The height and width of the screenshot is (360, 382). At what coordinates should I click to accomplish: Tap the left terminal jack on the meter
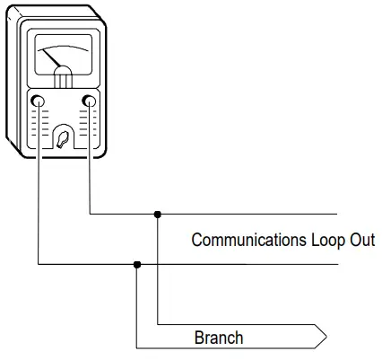pyautogui.click(x=39, y=101)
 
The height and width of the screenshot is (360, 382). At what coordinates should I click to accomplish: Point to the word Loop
pyautogui.click(x=329, y=241)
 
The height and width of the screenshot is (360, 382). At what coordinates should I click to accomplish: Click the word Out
pyautogui.click(x=363, y=241)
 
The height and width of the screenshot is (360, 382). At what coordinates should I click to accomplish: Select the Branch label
pyautogui.click(x=219, y=338)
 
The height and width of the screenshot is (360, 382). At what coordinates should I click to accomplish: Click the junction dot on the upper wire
pyautogui.click(x=158, y=215)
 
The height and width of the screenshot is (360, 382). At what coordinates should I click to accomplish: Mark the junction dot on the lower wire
pyautogui.click(x=136, y=264)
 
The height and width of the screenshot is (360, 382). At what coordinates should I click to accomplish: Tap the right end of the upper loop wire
pyautogui.click(x=335, y=215)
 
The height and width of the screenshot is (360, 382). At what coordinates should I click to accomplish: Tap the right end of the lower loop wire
pyautogui.click(x=335, y=264)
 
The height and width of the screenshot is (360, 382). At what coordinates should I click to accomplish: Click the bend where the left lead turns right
pyautogui.click(x=39, y=264)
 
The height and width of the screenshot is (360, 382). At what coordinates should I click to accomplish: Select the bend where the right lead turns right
pyautogui.click(x=91, y=215)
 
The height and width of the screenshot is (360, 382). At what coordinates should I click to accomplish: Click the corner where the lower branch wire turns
pyautogui.click(x=136, y=347)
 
